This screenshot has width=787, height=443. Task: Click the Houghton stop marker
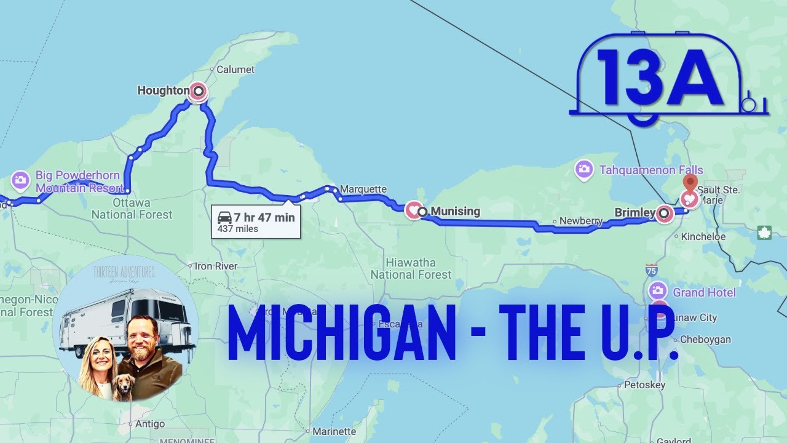point(198,92)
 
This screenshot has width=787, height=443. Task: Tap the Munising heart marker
point(413,211)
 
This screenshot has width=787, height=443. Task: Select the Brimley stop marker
point(664,214)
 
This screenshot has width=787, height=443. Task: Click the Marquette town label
point(363,189)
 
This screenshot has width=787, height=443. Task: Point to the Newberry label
point(581,221)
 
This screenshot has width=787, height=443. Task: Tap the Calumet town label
point(235,70)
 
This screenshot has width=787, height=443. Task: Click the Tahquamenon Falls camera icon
point(584,169)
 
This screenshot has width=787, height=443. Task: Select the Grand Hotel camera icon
point(658,291)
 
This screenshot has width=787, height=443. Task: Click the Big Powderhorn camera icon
point(20,180)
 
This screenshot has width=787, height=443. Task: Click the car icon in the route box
point(225,217)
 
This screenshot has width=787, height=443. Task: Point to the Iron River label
point(216,266)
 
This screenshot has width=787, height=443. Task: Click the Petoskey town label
point(644,385)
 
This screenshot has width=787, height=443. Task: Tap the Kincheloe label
point(703,236)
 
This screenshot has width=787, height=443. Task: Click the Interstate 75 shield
point(652,269)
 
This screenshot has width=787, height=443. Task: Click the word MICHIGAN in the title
point(342,334)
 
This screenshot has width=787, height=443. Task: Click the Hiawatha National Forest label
point(411,269)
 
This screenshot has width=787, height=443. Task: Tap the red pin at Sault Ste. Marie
point(690,183)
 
